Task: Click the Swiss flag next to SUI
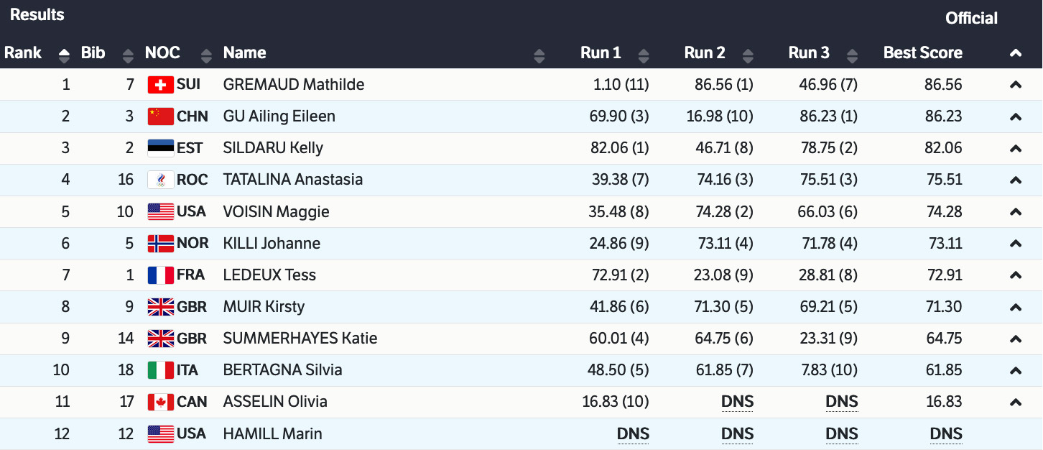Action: [160, 85]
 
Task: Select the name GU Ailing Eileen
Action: [279, 116]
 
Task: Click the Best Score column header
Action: [922, 52]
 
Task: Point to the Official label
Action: [971, 18]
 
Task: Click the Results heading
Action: [37, 14]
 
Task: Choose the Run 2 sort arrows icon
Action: [748, 55]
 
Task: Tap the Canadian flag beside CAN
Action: [160, 402]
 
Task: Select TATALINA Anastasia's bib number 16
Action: [126, 180]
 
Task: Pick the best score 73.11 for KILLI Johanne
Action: [945, 243]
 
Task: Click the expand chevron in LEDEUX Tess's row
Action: [1015, 275]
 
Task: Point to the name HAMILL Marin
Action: [272, 433]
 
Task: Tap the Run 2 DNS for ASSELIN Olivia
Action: [737, 402]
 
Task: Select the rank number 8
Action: [65, 307]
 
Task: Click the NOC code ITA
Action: [187, 370]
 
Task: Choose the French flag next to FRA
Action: [160, 275]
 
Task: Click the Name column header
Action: [244, 52]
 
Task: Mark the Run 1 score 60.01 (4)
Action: [618, 339]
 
